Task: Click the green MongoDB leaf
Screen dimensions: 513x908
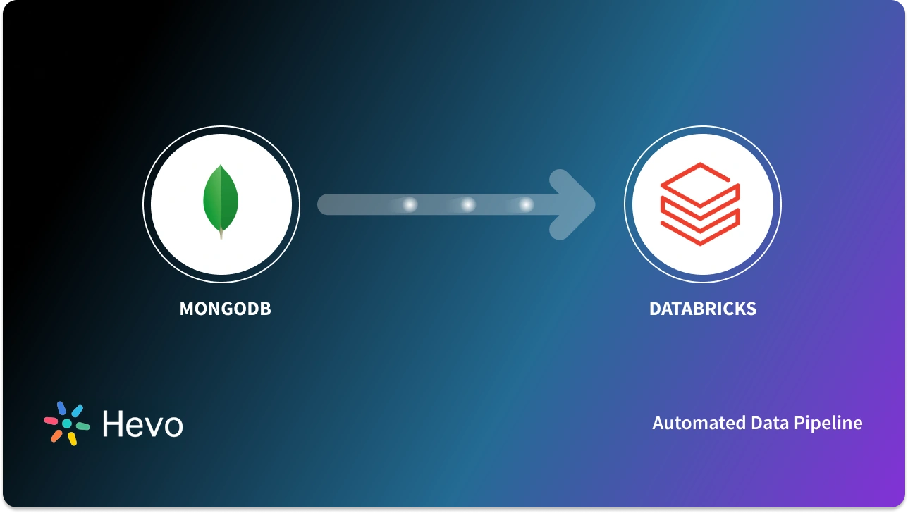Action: coord(221,199)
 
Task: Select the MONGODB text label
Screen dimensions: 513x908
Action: coord(225,309)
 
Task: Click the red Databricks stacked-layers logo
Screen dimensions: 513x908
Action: coord(700,204)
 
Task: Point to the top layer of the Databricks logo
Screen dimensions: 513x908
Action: coord(700,180)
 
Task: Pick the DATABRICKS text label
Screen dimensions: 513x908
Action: coord(702,309)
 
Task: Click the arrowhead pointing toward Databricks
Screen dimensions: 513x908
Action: coord(575,204)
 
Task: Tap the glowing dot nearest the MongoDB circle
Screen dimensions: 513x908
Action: coord(409,205)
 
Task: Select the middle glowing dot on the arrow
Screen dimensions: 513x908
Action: coord(467,205)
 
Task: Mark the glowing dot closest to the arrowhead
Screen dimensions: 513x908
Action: coord(526,205)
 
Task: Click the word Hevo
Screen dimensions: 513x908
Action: coord(142,424)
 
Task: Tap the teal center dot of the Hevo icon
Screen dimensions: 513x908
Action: coord(67,424)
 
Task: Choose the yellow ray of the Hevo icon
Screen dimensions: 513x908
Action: coord(72,438)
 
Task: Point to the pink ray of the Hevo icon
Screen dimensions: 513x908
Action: coord(51,421)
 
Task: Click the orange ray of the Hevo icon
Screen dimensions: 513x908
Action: coord(56,435)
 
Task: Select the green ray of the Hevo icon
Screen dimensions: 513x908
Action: coord(82,426)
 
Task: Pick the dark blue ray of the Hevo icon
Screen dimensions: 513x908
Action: coord(61,408)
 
